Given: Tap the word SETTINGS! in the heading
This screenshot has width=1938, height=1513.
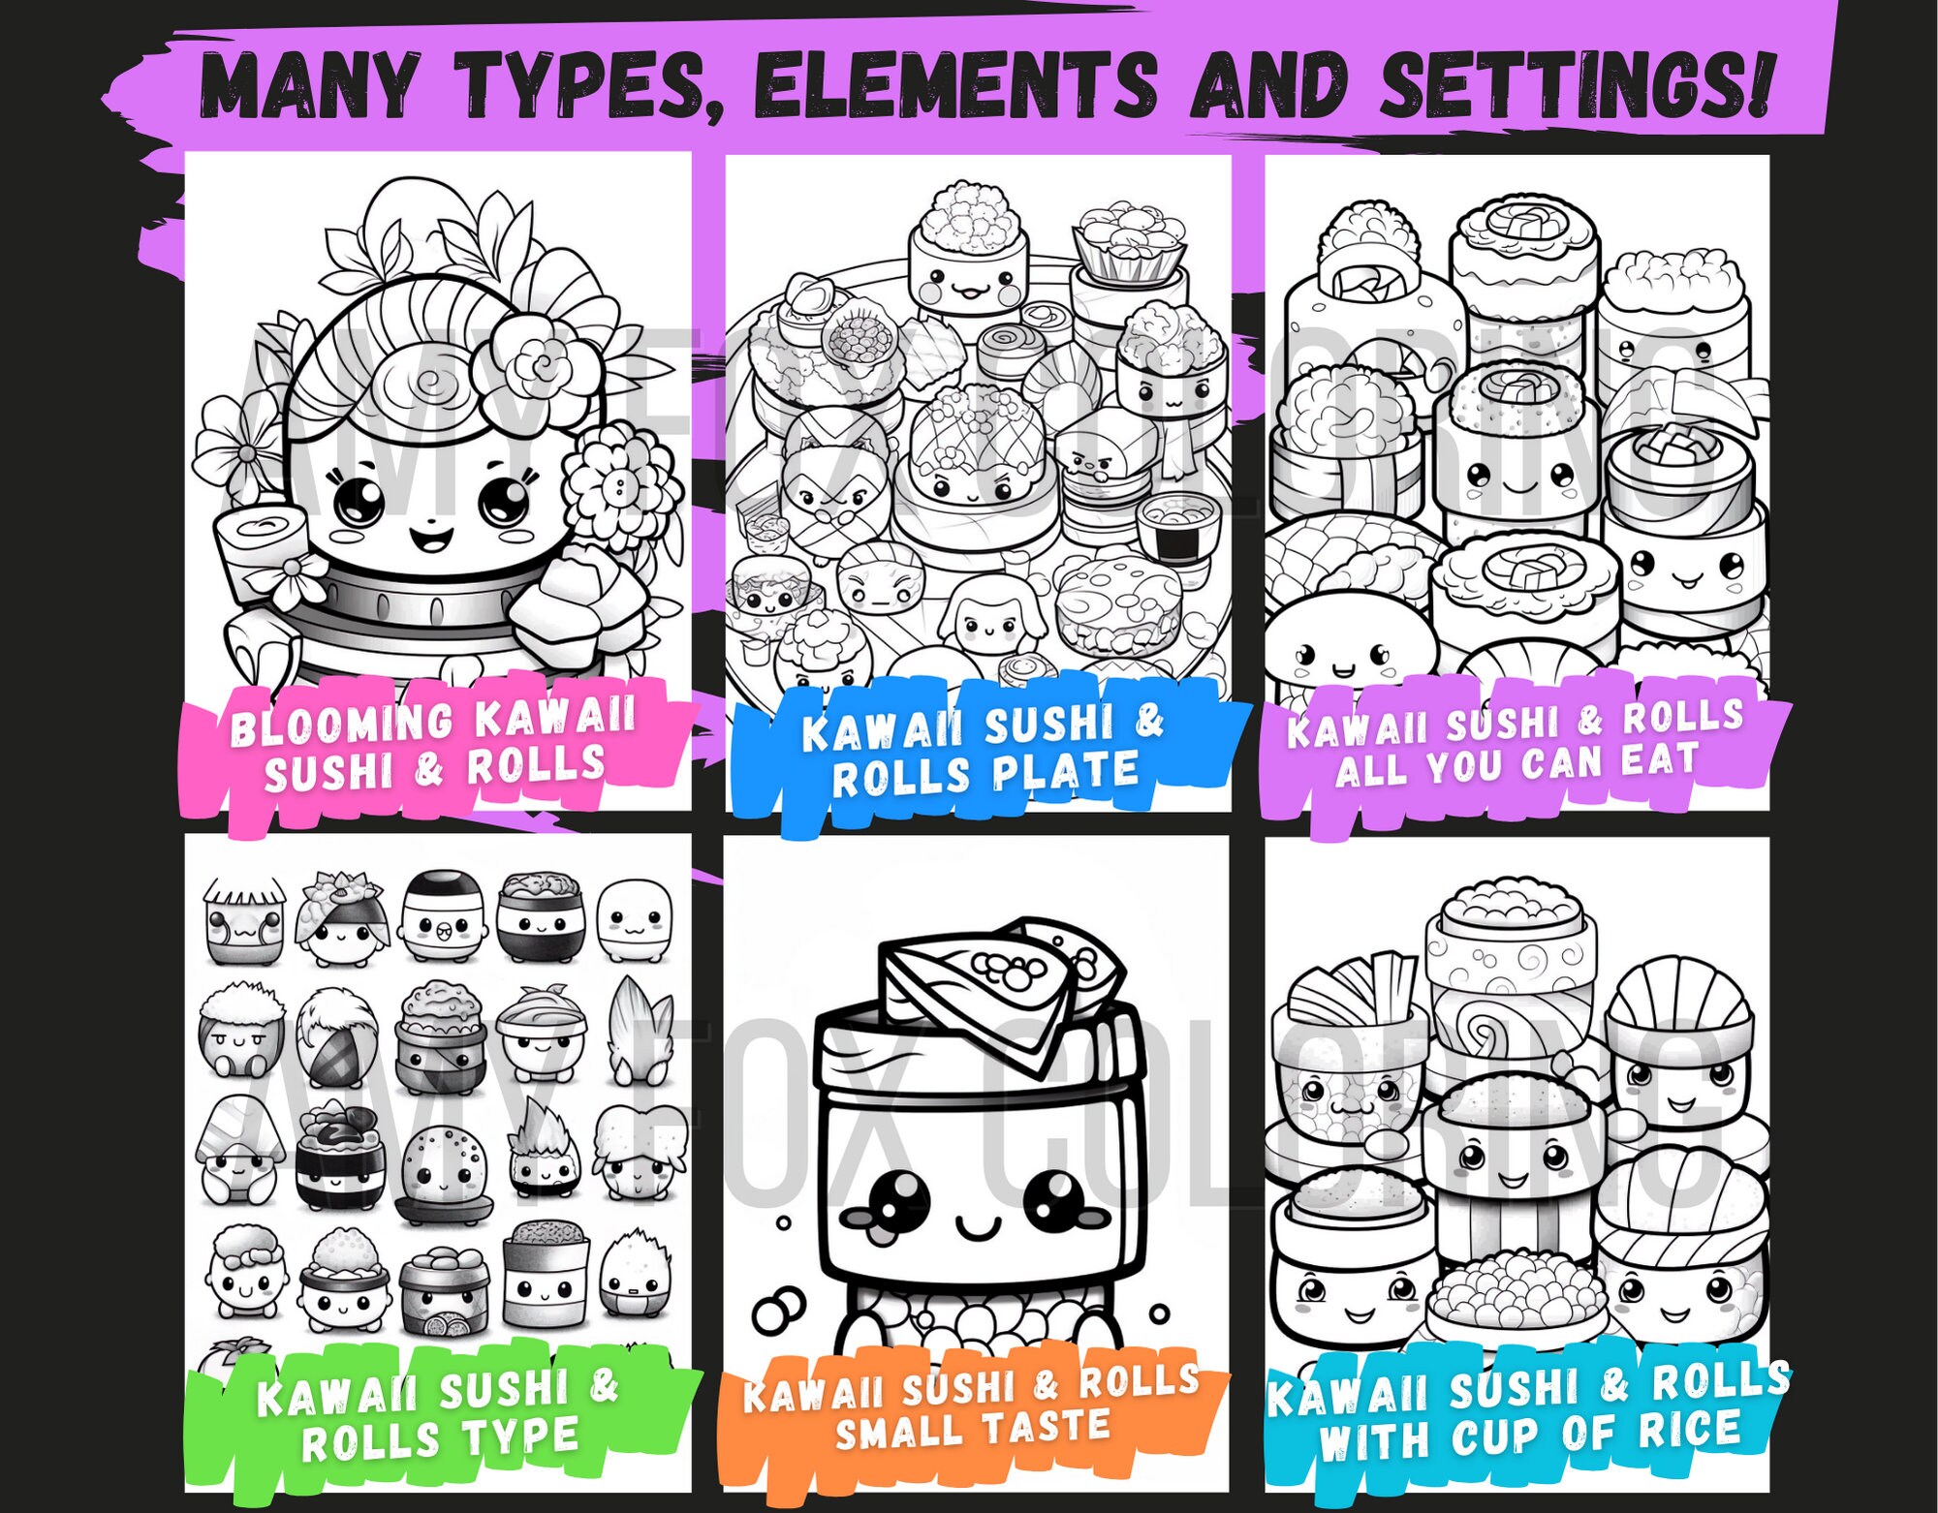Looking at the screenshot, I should (x=1576, y=83).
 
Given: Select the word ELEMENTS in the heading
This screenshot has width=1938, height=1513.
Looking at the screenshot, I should (x=954, y=83).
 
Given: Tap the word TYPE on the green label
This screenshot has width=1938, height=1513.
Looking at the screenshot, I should (x=523, y=1436).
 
